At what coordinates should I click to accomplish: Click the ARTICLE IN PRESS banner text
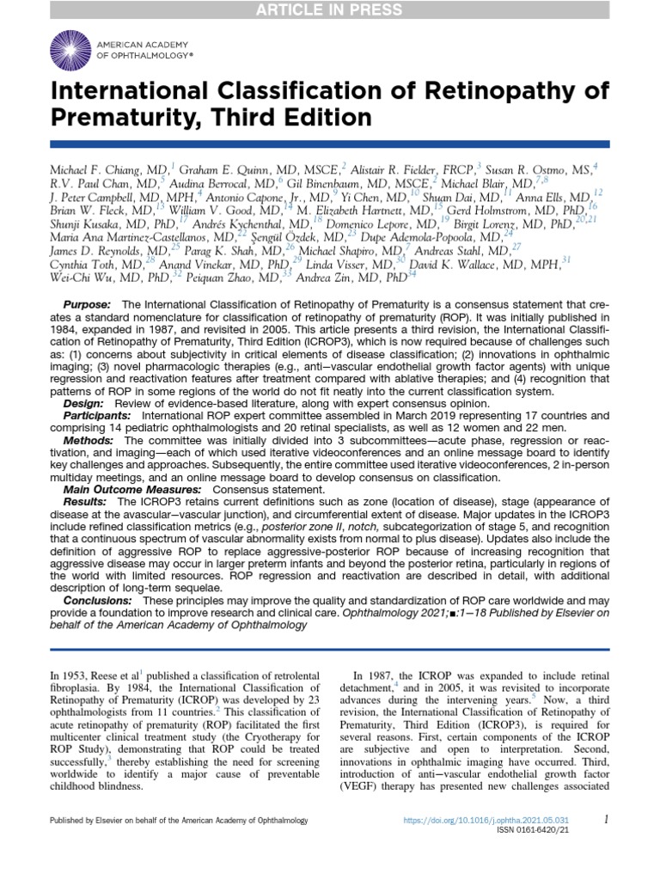coord(330,9)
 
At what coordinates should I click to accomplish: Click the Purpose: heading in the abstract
coord(87,306)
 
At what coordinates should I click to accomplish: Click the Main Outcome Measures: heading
coord(125,488)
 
